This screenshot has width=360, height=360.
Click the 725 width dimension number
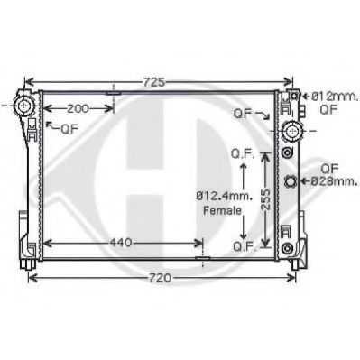pos(154,82)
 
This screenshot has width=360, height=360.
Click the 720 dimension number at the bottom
pos(160,278)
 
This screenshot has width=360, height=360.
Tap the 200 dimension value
pos(78,109)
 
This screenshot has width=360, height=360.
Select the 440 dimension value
pos(121,243)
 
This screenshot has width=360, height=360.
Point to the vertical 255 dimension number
pos(265,199)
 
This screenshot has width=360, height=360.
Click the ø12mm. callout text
pos(335,97)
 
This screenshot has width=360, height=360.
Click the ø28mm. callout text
pos(334,181)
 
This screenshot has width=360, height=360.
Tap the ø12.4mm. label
pos(225,197)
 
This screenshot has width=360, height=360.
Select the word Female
pos(222,210)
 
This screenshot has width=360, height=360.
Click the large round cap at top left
pos(23,106)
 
